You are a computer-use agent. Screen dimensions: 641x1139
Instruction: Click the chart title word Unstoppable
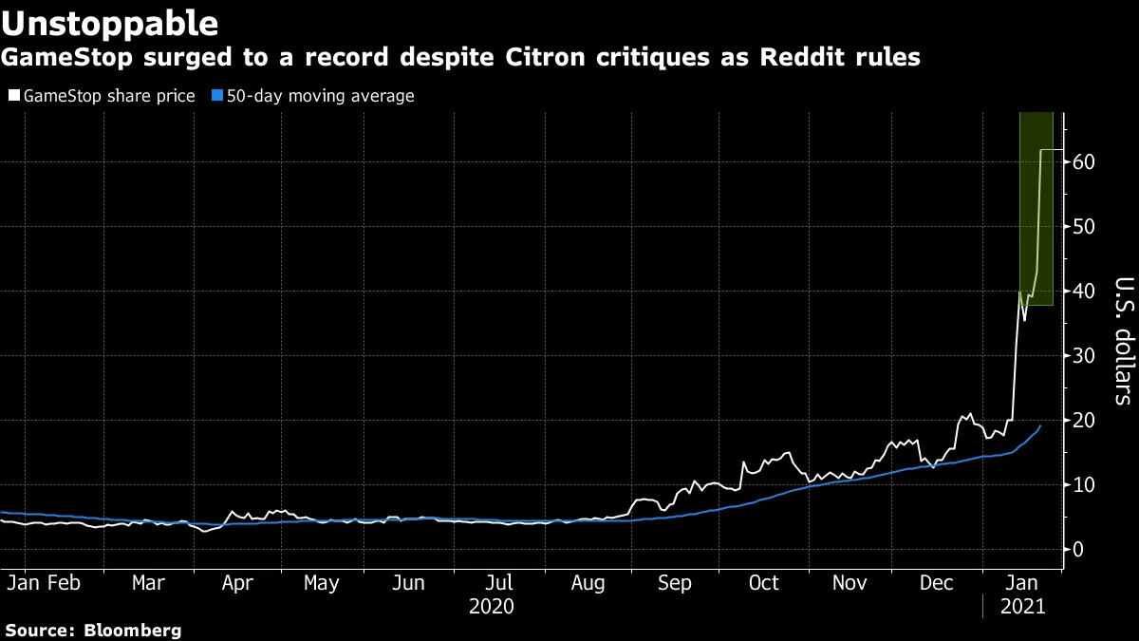[x=110, y=22]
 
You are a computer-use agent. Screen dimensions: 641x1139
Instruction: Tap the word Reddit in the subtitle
[x=819, y=58]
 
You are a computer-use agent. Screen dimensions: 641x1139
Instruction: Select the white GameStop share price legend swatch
[x=12, y=96]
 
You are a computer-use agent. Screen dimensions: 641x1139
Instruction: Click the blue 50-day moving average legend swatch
[x=216, y=96]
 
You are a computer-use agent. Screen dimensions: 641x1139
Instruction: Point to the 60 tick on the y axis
[x=1084, y=162]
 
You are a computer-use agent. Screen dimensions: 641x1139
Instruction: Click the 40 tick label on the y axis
[x=1084, y=292]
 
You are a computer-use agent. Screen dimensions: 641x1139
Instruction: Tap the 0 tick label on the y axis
[x=1079, y=549]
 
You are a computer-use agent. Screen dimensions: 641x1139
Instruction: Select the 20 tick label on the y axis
[x=1084, y=421]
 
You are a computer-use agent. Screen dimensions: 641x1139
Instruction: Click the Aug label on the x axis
[x=587, y=583]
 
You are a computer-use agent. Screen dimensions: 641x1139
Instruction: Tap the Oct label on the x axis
[x=763, y=583]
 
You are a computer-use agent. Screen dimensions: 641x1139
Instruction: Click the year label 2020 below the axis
[x=491, y=606]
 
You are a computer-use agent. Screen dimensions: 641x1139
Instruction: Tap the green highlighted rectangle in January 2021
[x=1036, y=209]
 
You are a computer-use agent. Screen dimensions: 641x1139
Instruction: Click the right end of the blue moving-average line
[x=1040, y=426]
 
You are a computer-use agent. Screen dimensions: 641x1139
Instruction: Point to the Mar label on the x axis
[x=148, y=583]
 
